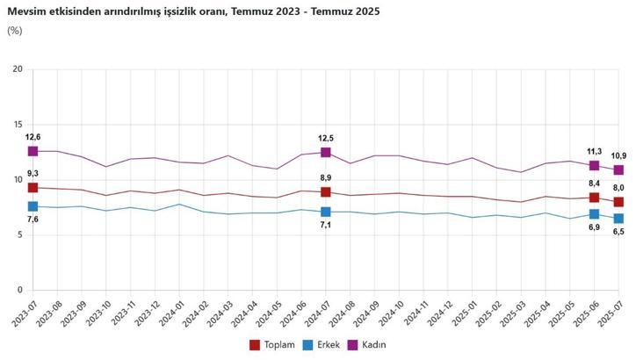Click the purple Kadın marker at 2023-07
[x=33, y=151]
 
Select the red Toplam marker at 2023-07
[x=33, y=187]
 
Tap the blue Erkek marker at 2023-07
[x=33, y=206]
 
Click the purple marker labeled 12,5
[x=325, y=152]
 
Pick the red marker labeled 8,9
[x=325, y=191]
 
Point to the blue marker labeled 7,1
[x=325, y=212]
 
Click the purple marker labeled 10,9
[x=618, y=169]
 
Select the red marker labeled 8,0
[x=618, y=202]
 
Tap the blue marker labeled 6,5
[x=618, y=218]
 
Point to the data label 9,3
[x=33, y=174]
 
